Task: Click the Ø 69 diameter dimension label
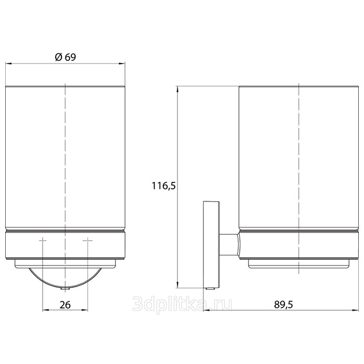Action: click(x=65, y=57)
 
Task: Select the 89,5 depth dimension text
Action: click(x=283, y=304)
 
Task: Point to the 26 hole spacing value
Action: click(x=65, y=305)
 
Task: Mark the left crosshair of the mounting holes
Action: click(x=43, y=240)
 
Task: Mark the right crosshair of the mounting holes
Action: click(x=88, y=240)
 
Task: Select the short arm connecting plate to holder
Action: click(x=229, y=245)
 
